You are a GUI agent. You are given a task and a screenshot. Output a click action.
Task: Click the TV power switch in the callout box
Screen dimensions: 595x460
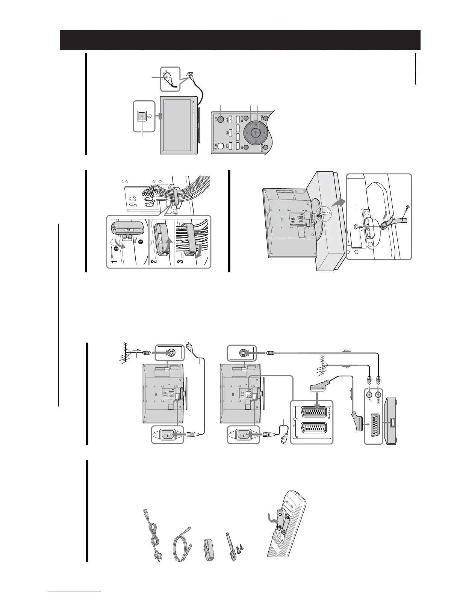(x=142, y=116)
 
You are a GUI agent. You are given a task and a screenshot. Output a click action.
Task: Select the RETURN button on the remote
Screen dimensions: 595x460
(x=266, y=148)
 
